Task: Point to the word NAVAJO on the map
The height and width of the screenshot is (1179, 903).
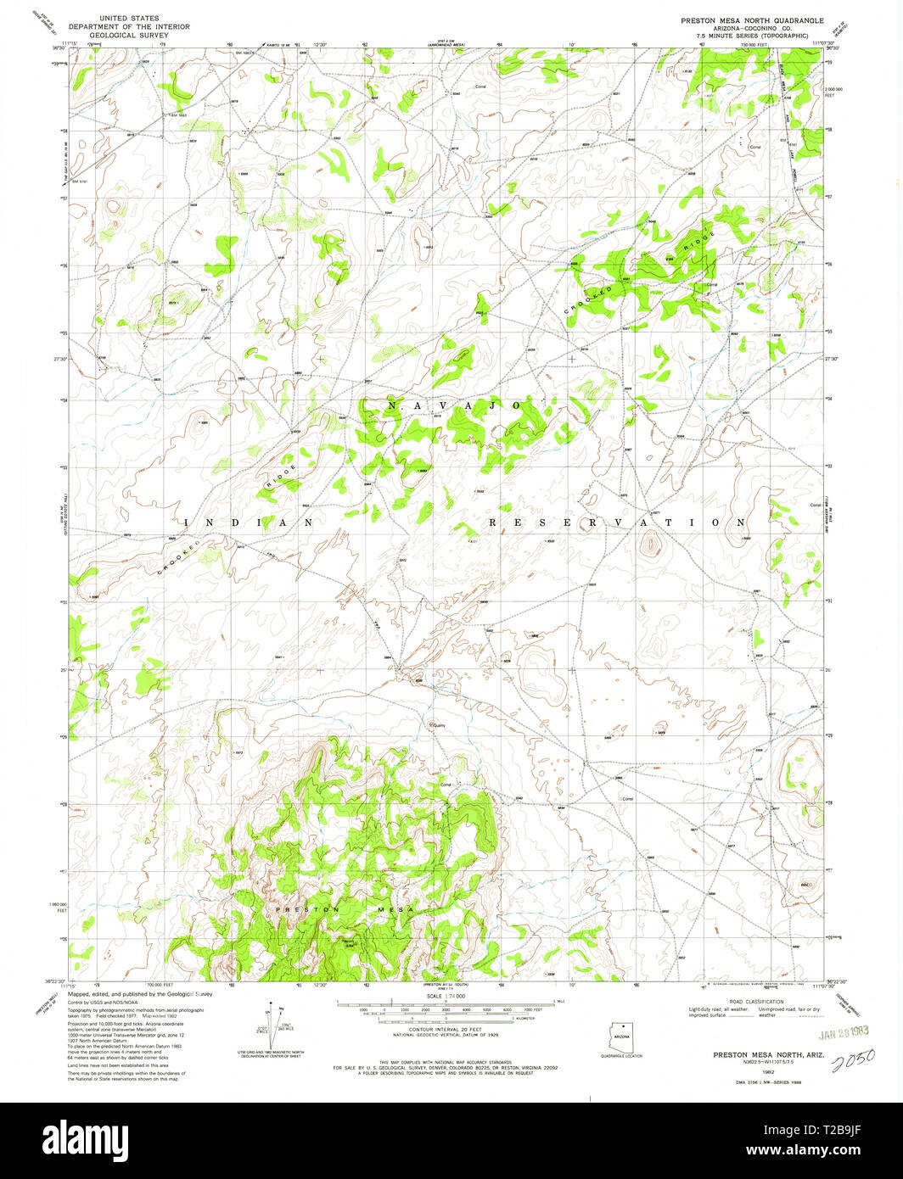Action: coord(454,406)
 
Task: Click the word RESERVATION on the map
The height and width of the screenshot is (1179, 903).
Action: coord(617,523)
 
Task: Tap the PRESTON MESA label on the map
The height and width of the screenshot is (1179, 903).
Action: coord(343,909)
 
